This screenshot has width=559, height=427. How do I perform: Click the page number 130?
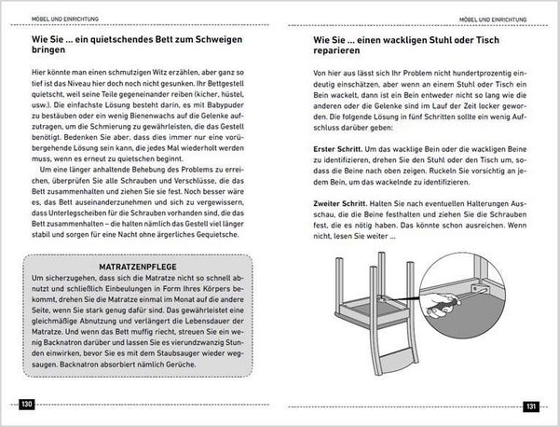point(27,405)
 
